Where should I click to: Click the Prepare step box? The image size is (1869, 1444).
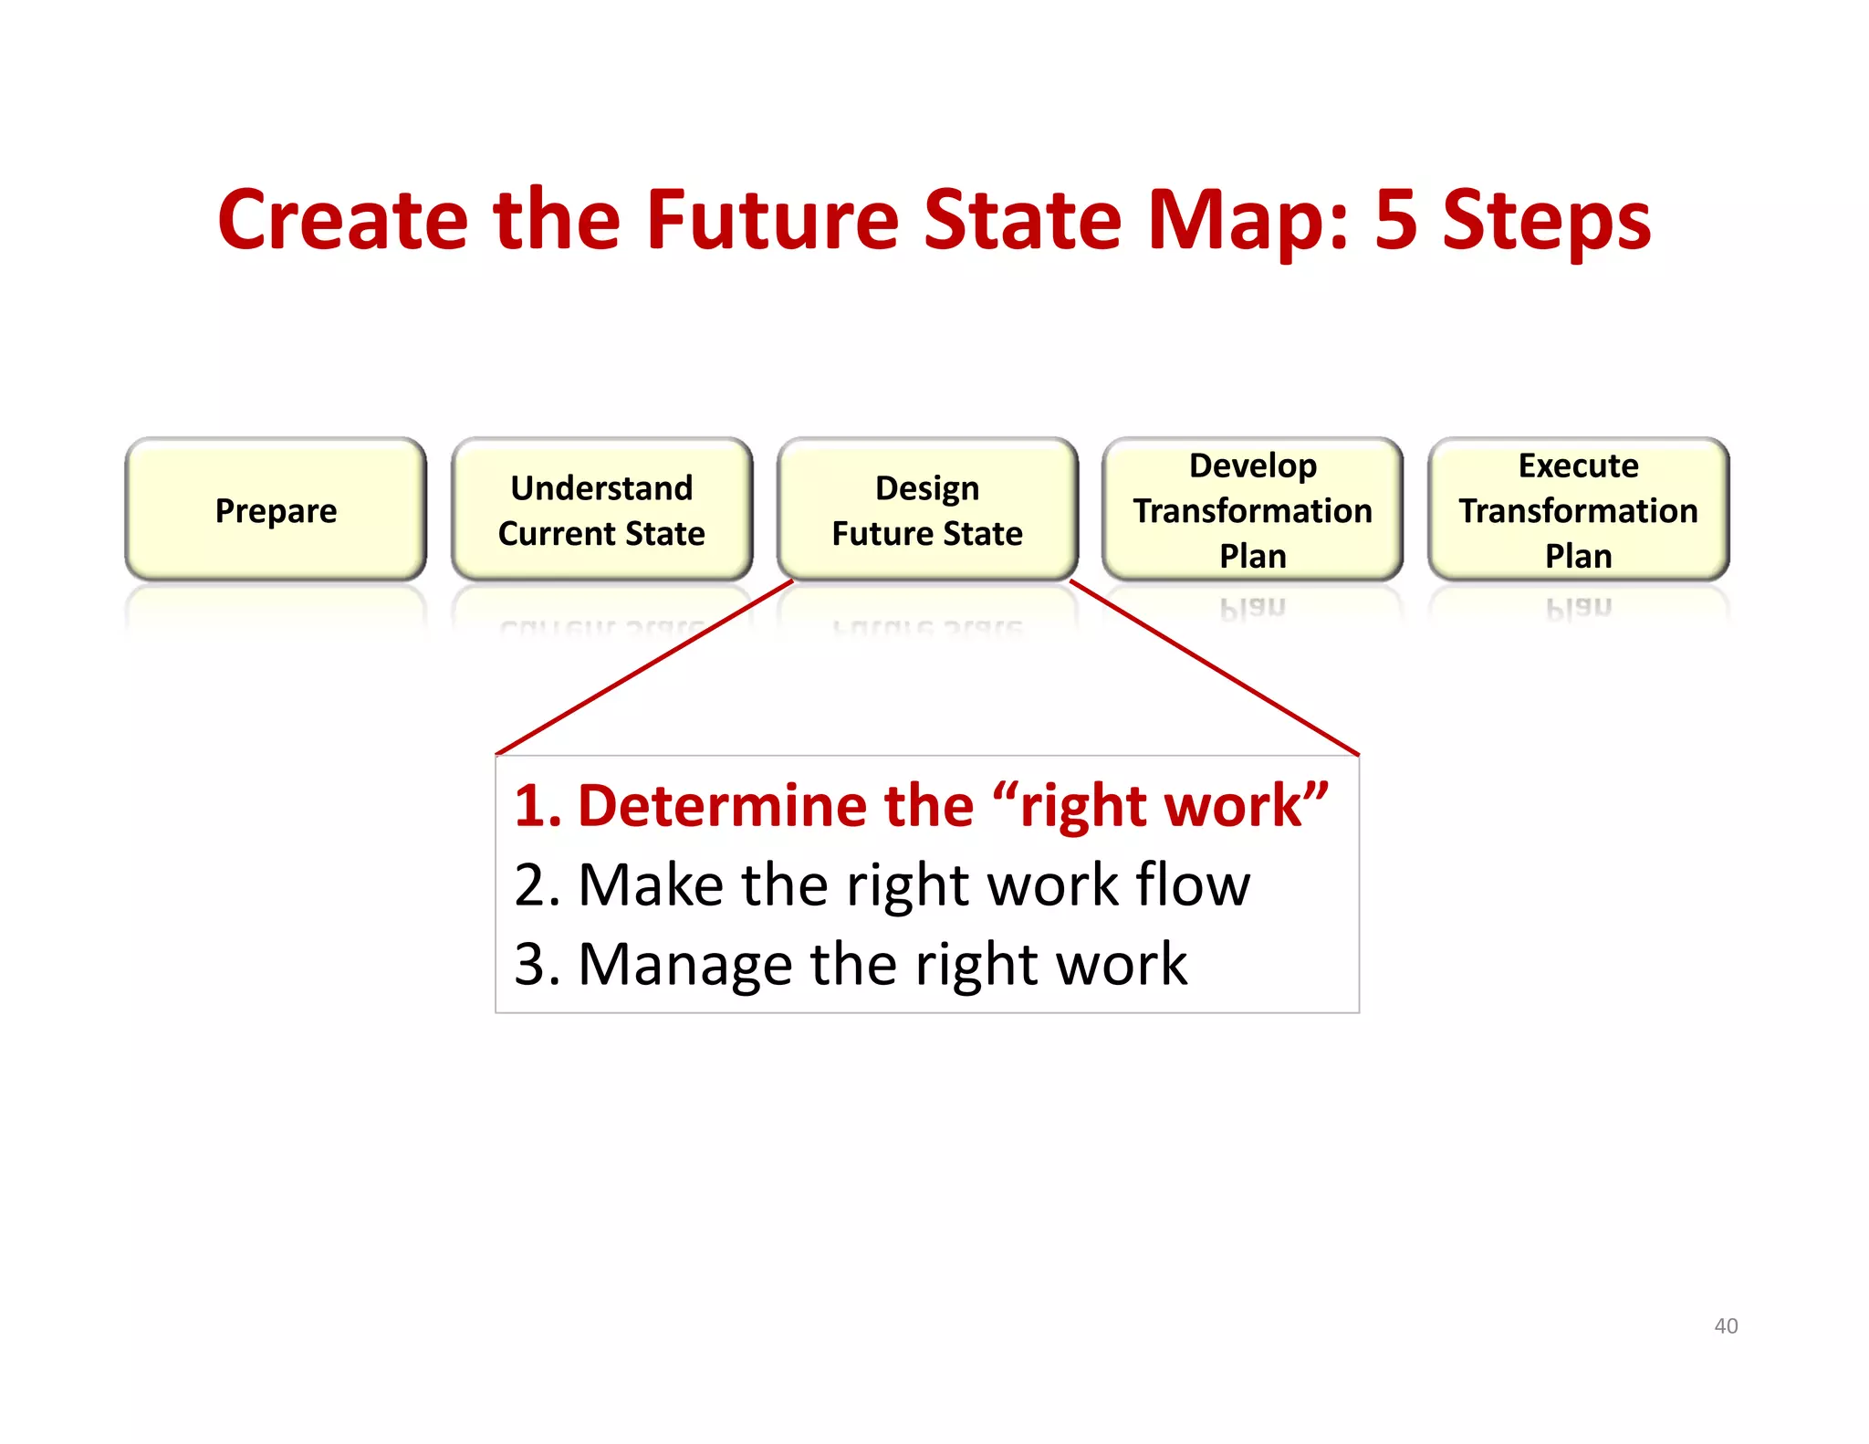[276, 509]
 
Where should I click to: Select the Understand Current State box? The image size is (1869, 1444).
[601, 509]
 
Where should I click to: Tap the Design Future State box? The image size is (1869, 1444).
[927, 509]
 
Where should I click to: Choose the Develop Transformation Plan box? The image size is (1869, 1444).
[1252, 509]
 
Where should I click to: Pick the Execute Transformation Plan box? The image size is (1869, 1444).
[1578, 509]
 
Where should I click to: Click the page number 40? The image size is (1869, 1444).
[1726, 1325]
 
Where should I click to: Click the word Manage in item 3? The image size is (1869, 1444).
[685, 966]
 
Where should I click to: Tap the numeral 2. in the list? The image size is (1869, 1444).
[538, 885]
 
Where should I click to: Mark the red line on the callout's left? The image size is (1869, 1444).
[644, 667]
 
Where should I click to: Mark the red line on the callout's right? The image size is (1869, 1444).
[1214, 667]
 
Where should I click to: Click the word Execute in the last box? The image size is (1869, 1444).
[1578, 466]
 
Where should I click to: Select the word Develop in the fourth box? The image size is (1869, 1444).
[1252, 466]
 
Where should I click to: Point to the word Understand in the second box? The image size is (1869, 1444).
[601, 487]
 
